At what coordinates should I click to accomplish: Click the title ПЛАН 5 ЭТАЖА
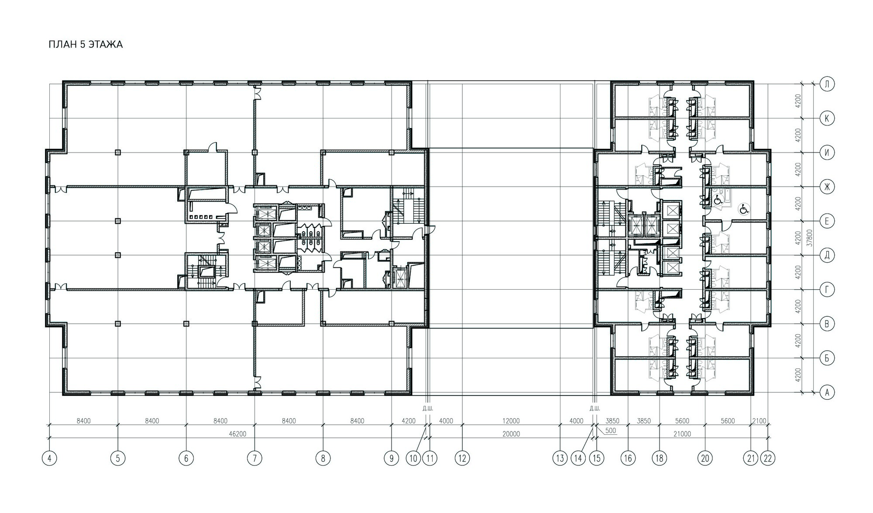click(x=86, y=45)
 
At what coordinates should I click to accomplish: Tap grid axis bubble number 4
click(x=49, y=458)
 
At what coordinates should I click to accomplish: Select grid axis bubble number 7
click(x=254, y=458)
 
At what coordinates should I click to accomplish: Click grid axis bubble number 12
click(x=462, y=458)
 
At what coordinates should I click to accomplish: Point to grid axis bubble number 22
click(x=768, y=458)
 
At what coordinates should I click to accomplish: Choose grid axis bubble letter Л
click(x=827, y=84)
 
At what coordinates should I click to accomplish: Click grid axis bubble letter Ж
click(x=827, y=187)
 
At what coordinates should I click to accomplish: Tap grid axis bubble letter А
click(x=827, y=392)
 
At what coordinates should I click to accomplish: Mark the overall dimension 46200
click(x=238, y=434)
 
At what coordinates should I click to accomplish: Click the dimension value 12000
click(x=511, y=421)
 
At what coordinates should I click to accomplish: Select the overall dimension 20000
click(x=511, y=434)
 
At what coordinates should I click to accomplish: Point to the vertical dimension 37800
click(x=810, y=239)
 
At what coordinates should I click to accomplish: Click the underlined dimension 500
click(x=611, y=431)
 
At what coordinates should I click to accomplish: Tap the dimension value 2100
click(x=759, y=421)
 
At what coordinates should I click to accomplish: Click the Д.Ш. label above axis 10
click(x=427, y=409)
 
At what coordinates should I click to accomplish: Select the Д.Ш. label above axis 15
click(x=595, y=409)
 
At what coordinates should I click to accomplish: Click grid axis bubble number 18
click(x=659, y=458)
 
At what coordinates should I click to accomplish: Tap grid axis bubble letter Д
click(x=827, y=255)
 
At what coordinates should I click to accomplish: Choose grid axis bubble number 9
click(x=392, y=458)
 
